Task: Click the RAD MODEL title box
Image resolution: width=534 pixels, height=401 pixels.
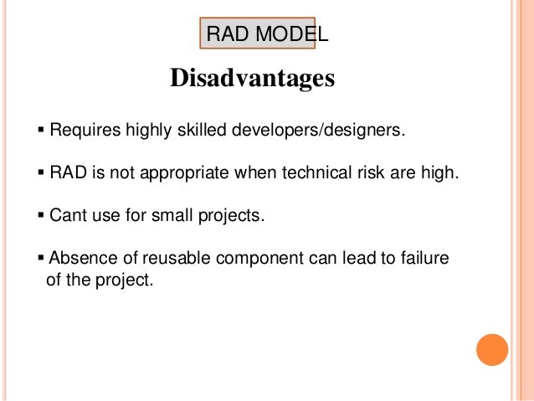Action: pyautogui.click(x=257, y=35)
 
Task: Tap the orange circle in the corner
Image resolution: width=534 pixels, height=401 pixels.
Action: pyautogui.click(x=491, y=349)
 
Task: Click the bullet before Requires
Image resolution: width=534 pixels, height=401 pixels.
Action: pyautogui.click(x=42, y=132)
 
